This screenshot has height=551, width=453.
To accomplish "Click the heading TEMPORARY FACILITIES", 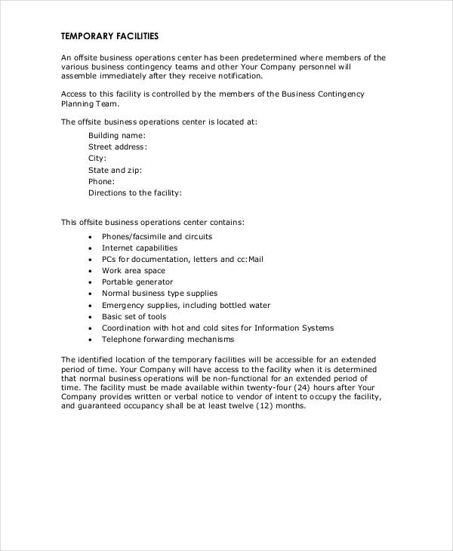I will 109,35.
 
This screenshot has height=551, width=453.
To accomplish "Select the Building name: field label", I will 117,136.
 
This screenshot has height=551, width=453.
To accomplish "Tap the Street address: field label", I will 118,147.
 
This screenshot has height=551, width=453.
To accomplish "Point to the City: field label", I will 97,159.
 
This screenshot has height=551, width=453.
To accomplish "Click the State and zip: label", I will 114,170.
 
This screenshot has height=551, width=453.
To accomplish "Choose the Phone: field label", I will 102,181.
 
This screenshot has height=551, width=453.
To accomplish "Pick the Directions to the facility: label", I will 135,192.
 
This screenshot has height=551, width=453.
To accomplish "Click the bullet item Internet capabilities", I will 140,248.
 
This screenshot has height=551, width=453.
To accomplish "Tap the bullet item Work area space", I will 134,270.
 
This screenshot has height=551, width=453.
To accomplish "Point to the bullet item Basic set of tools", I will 134,316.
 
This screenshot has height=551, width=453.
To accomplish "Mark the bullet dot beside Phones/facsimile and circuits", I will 90,237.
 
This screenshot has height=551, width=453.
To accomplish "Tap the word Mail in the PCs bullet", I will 256,259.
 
